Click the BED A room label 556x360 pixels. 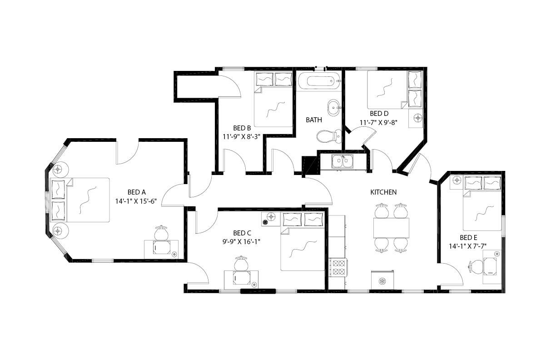coord(136,192)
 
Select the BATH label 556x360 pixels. coord(314,120)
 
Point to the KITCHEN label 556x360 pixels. coord(383,192)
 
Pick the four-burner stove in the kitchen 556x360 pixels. coord(338,267)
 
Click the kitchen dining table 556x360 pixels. coord(391,227)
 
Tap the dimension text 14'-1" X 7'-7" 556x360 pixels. coord(468,246)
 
